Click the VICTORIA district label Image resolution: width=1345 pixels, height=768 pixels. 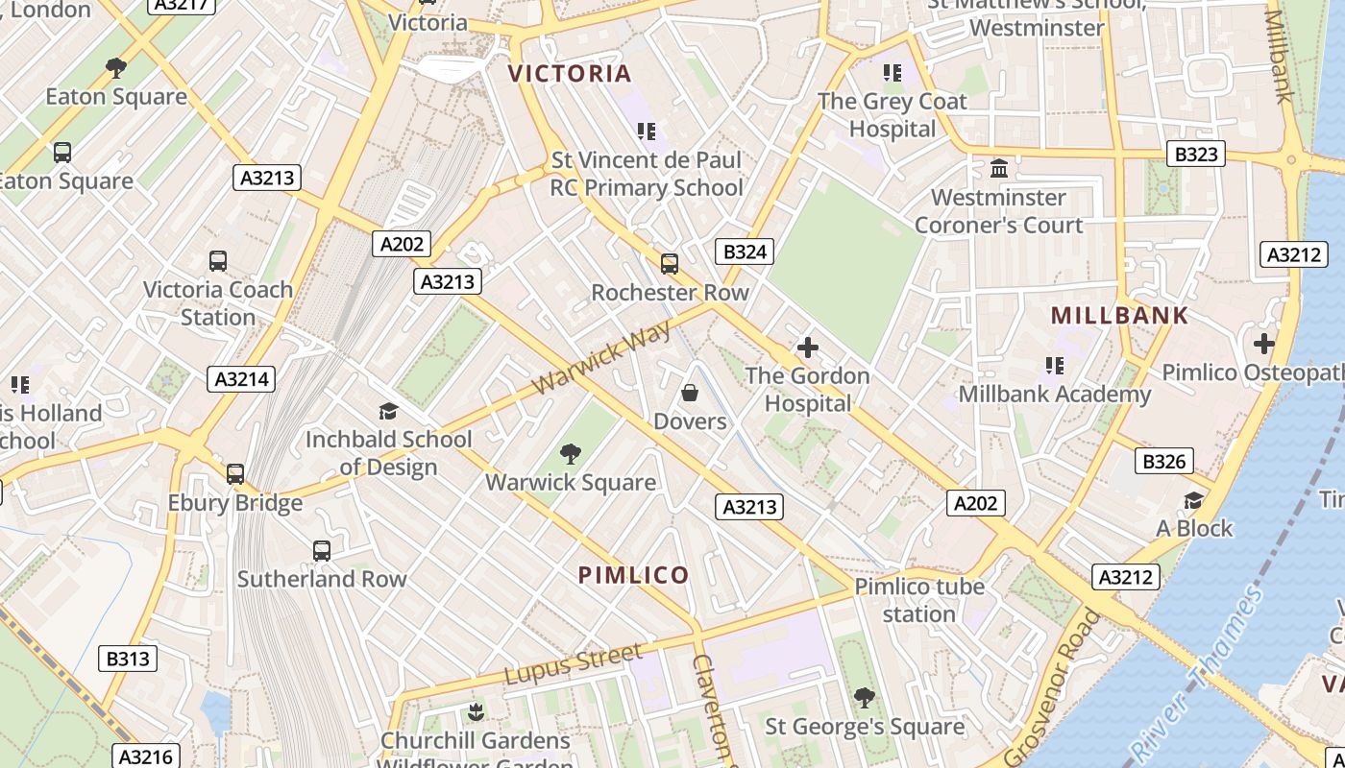click(570, 74)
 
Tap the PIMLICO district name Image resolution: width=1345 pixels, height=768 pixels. click(633, 575)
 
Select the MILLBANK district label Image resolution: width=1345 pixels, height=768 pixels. click(1119, 316)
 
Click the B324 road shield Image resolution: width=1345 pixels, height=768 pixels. click(745, 252)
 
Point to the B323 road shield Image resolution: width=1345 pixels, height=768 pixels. click(1196, 154)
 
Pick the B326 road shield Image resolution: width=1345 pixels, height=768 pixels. click(1163, 462)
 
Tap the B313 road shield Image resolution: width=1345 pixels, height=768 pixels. click(128, 659)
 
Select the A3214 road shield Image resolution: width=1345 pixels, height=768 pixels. click(241, 379)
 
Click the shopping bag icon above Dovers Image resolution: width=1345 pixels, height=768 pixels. click(690, 392)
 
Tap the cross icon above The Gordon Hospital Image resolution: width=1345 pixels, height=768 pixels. click(808, 347)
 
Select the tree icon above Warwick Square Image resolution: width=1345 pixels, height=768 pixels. click(571, 452)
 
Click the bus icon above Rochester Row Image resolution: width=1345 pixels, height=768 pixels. click(670, 263)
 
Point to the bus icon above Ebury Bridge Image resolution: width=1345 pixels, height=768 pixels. click(235, 473)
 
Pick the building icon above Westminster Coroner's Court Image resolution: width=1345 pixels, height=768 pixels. click(999, 168)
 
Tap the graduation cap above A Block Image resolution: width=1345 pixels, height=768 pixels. click(1193, 500)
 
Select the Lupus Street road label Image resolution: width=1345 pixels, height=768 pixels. click(573, 664)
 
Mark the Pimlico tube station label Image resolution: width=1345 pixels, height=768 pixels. click(919, 600)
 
